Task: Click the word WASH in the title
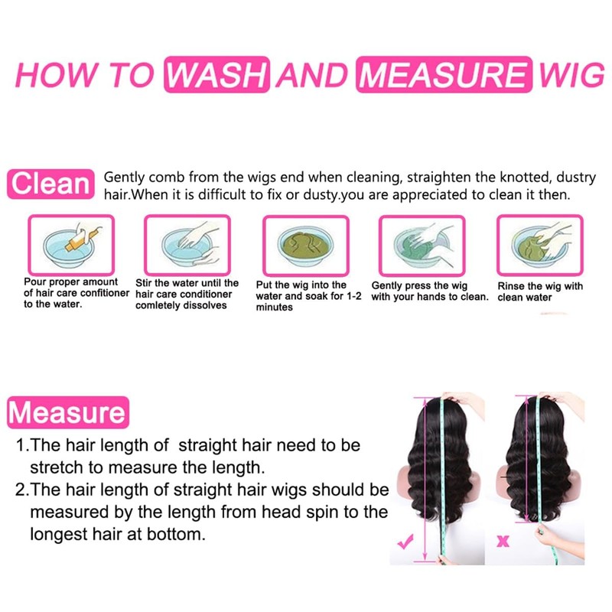tap(217, 76)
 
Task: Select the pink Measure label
tap(67, 413)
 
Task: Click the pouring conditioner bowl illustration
tap(70, 245)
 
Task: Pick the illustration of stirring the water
tap(187, 245)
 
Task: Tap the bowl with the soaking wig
tap(305, 245)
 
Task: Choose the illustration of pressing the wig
tap(422, 245)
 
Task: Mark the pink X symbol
tap(503, 542)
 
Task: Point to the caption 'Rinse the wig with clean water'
tap(539, 291)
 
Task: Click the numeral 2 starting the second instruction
tap(21, 490)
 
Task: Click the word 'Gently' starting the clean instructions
tap(125, 177)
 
